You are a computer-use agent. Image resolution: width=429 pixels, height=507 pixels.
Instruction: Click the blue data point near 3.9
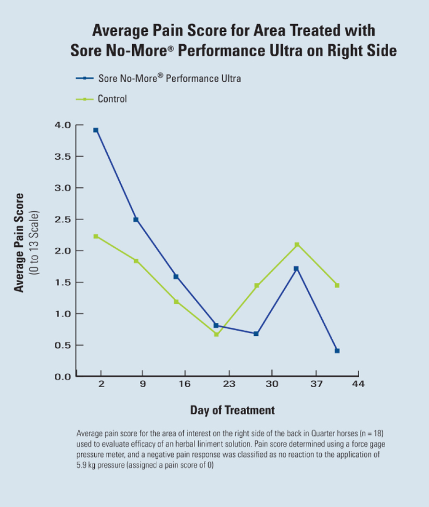tap(96, 130)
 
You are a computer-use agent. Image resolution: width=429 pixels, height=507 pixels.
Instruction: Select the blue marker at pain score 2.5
tap(136, 220)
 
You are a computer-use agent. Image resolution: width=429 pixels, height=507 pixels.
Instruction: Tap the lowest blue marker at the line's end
tap(337, 351)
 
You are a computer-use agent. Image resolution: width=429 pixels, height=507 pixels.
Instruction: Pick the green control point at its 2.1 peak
tap(297, 245)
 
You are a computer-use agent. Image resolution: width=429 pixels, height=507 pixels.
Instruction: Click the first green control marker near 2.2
tap(96, 236)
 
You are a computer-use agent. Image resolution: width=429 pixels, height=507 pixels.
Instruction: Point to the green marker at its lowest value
tap(216, 334)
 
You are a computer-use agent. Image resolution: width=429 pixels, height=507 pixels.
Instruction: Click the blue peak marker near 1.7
tap(296, 268)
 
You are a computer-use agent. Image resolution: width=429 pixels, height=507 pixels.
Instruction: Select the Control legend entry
tap(112, 99)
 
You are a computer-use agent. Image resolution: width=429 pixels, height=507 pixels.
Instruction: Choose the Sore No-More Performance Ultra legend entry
tap(169, 78)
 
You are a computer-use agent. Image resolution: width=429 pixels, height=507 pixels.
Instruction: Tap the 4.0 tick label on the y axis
tap(63, 125)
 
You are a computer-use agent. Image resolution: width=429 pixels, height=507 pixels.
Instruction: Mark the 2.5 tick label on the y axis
tap(63, 219)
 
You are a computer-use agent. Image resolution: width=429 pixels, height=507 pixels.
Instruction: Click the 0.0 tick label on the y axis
tap(63, 377)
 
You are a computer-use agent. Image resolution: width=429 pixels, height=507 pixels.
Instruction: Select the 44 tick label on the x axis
tap(358, 384)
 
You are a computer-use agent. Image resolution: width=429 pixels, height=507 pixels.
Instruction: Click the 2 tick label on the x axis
tap(101, 384)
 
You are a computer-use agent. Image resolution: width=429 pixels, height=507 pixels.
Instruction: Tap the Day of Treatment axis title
tap(232, 410)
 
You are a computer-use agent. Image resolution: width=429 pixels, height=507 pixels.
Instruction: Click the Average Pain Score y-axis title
tap(20, 242)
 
